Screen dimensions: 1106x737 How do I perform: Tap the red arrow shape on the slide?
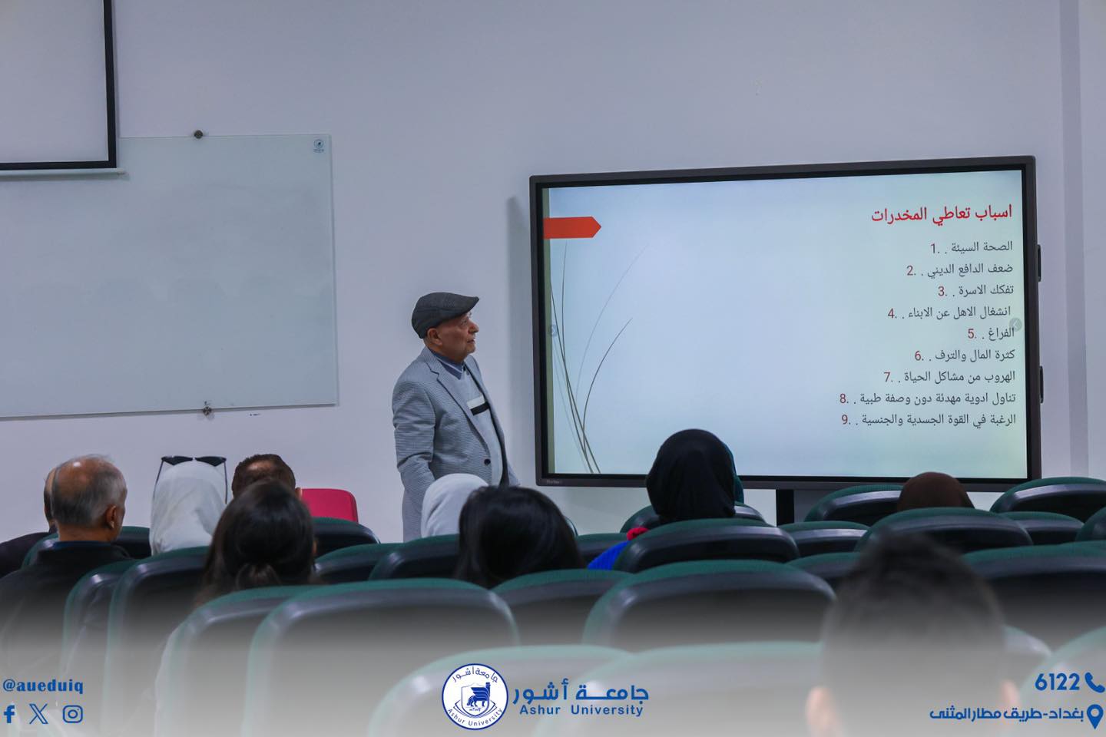(571, 227)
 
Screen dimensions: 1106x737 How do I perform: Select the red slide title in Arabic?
(941, 213)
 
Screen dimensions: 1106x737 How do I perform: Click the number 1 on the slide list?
(934, 248)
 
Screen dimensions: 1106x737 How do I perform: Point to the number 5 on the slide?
(971, 334)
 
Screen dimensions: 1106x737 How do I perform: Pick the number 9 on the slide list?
(846, 420)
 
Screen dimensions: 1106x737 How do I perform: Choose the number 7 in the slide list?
(888, 377)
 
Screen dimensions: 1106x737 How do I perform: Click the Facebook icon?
(9, 714)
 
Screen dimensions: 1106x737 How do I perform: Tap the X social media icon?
(38, 714)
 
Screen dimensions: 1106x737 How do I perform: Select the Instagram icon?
(72, 714)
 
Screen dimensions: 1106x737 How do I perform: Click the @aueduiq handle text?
(43, 686)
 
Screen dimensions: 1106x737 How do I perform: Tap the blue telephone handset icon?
(1094, 682)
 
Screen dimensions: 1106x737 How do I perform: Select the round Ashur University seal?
(475, 696)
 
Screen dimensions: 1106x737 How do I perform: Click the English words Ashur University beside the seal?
(581, 710)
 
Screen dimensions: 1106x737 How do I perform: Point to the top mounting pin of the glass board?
(198, 134)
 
